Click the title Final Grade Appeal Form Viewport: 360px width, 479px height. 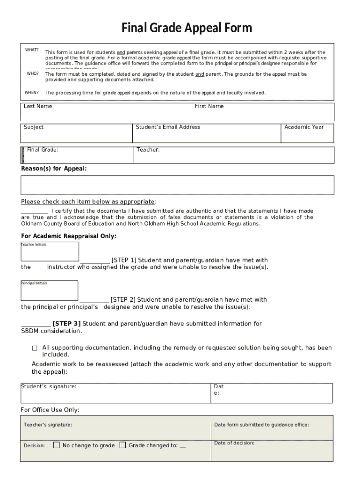point(187,29)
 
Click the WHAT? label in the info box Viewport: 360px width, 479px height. point(32,50)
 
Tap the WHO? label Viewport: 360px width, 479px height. point(32,74)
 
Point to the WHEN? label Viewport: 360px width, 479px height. point(32,93)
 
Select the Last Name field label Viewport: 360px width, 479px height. point(38,106)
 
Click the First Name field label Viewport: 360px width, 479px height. point(209,106)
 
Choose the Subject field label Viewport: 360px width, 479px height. point(34,127)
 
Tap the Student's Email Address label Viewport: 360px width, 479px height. point(168,127)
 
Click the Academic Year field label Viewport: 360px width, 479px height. point(304,127)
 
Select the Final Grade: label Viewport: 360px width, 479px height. point(43,150)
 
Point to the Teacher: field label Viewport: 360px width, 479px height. point(148,150)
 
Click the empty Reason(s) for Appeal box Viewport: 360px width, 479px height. point(177,185)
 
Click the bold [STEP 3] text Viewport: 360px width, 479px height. point(66,324)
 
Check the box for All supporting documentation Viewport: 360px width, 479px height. point(35,348)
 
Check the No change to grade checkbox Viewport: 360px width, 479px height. point(57,445)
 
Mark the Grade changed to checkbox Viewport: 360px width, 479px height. point(122,445)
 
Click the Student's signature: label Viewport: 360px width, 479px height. point(49,386)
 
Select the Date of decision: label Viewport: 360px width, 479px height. point(234,443)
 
